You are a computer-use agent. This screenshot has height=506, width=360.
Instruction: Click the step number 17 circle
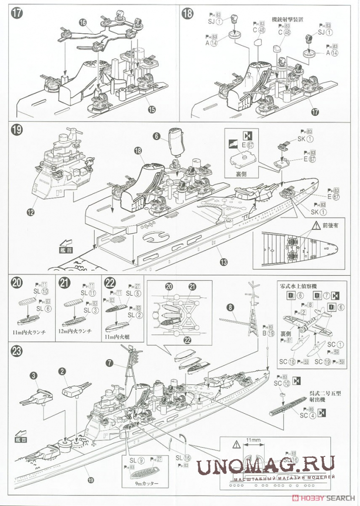point(16,13)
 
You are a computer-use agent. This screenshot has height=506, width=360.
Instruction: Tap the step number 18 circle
point(188,13)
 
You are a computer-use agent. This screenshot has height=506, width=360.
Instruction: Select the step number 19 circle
point(16,130)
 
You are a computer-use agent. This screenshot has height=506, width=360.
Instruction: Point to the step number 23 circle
point(16,351)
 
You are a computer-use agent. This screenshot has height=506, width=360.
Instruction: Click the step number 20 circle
point(16,283)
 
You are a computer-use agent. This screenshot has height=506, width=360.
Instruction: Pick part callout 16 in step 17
point(82,22)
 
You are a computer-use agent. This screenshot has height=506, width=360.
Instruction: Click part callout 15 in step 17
point(151,109)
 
